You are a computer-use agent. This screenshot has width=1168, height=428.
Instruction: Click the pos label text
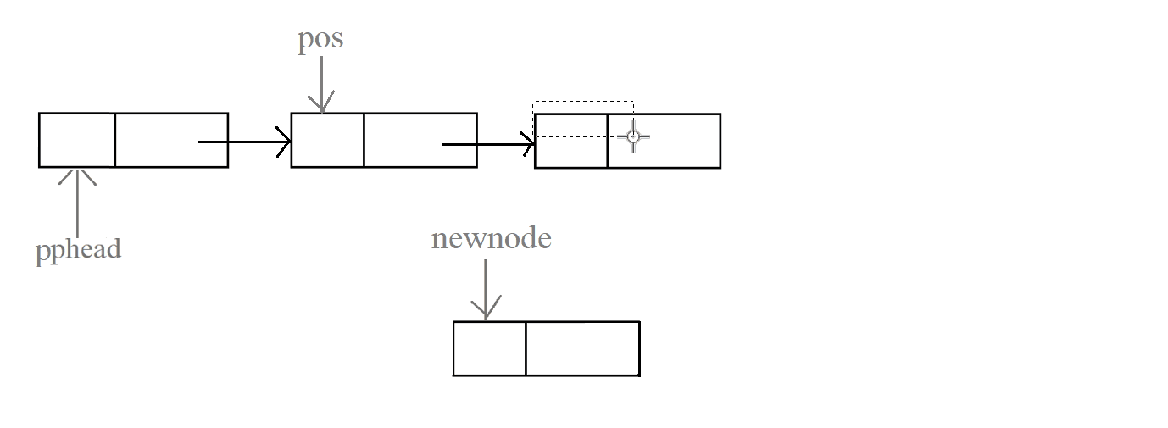point(320,40)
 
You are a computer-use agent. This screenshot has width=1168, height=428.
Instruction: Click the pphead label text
point(78,250)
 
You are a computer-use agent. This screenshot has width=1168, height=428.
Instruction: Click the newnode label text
point(492,238)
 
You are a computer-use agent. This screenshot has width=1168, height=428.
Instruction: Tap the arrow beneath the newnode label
point(486,288)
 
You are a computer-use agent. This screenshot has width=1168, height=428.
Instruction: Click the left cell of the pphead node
point(77,140)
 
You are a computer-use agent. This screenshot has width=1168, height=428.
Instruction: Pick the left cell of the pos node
point(327,140)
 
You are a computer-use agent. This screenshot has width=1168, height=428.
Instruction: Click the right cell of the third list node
point(678,141)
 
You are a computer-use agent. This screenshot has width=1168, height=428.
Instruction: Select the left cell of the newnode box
point(490,348)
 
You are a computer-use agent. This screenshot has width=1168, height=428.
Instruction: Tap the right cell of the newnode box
point(582,348)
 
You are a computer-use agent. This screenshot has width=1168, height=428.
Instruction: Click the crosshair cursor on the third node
point(633,136)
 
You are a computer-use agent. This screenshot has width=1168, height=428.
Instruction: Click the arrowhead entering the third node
point(529,144)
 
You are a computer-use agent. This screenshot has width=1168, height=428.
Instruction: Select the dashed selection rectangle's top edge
point(583,102)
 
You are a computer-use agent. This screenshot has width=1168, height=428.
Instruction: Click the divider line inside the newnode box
point(526,348)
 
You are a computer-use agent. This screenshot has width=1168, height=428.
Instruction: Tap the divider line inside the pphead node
point(114,140)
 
